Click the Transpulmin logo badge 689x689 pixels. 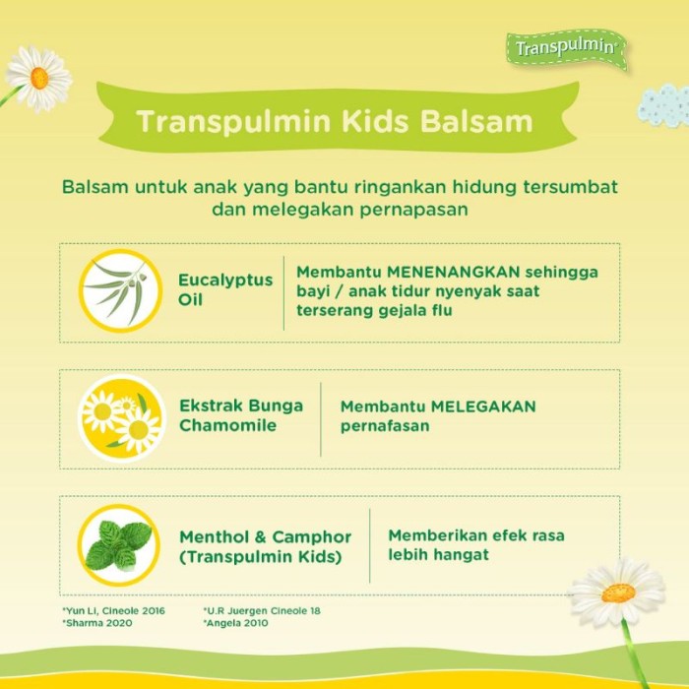[567, 49]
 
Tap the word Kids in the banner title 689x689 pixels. [375, 121]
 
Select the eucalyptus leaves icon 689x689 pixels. [120, 291]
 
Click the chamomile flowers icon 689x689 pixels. [122, 417]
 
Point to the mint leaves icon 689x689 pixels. [119, 545]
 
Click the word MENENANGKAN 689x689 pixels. [454, 272]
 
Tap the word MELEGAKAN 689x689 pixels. [483, 407]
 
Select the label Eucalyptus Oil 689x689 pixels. [225, 290]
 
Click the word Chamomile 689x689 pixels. [227, 425]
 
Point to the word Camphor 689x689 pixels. [312, 537]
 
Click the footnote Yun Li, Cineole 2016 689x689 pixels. [114, 611]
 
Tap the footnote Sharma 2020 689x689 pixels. [97, 623]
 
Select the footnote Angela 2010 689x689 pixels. [235, 623]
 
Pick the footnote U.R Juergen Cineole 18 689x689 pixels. [262, 611]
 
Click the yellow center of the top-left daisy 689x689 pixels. [39, 78]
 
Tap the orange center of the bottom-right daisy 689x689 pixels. [618, 593]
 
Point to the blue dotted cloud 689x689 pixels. [663, 105]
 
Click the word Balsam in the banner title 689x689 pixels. [476, 121]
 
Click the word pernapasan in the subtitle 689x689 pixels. [414, 210]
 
